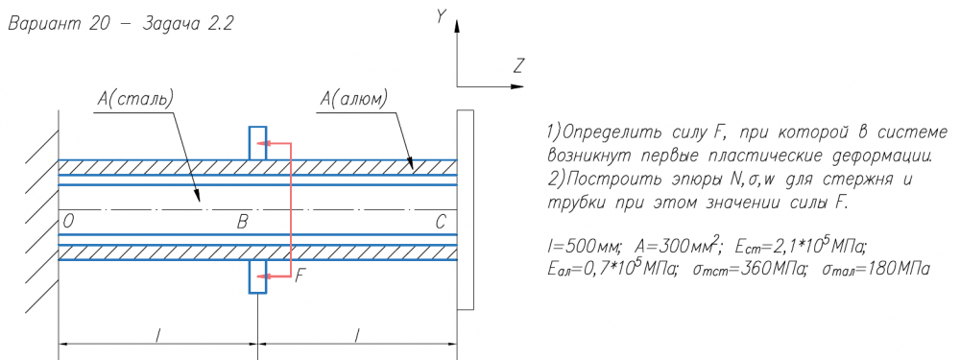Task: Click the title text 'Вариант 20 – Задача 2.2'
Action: [121, 25]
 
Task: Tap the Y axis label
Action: [441, 17]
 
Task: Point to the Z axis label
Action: [519, 65]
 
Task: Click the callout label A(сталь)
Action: [135, 99]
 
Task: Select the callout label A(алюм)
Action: [355, 99]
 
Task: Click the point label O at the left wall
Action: [68, 223]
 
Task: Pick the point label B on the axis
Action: [243, 223]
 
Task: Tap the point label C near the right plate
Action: [441, 223]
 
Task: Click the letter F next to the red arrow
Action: [299, 276]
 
